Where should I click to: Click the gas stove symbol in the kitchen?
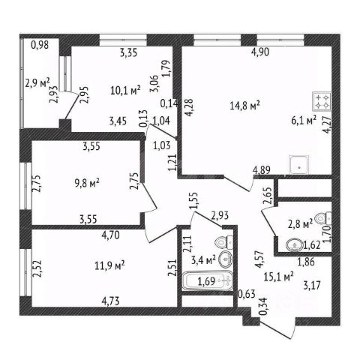[322, 101]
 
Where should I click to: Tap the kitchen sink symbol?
[298, 165]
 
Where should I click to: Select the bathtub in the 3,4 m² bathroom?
[207, 280]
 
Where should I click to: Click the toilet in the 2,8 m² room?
[323, 218]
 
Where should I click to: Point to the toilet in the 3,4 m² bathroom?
[224, 241]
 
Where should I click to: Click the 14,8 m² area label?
[244, 106]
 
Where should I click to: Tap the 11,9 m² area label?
[109, 265]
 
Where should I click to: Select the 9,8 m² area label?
[87, 183]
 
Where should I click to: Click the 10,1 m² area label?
[125, 90]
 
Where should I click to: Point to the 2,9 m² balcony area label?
[37, 82]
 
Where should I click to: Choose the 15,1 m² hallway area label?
[279, 277]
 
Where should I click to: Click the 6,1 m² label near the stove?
[304, 121]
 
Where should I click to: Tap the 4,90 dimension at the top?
[260, 52]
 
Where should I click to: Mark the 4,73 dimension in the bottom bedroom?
[110, 301]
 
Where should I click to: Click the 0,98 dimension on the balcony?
[40, 45]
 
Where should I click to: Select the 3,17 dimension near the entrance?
[312, 285]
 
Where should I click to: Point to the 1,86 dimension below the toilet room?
[306, 262]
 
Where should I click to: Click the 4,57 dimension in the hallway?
[259, 260]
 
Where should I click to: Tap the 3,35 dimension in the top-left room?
[128, 52]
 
